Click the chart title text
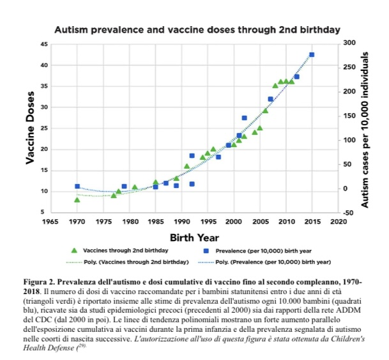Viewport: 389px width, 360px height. pyautogui.click(x=197, y=29)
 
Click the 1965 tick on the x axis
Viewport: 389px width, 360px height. pyautogui.click(x=50, y=222)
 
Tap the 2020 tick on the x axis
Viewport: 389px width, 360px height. pyautogui.click(x=338, y=222)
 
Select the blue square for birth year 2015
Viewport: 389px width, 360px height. pyautogui.click(x=312, y=55)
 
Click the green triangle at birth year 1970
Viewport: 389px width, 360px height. pyautogui.click(x=77, y=200)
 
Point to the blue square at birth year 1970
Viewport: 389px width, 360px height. pyautogui.click(x=77, y=186)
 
